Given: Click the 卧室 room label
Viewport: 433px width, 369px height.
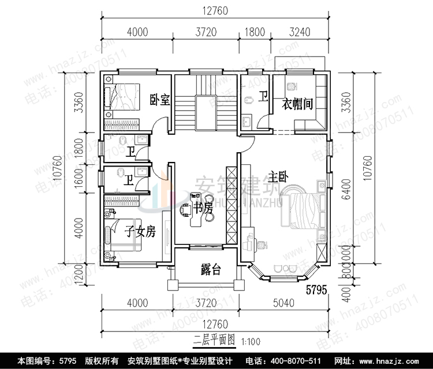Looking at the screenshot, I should pos(159,100).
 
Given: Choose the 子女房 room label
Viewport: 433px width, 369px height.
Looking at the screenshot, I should pos(140,232).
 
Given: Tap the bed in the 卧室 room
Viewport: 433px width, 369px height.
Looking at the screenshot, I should pos(123,101).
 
